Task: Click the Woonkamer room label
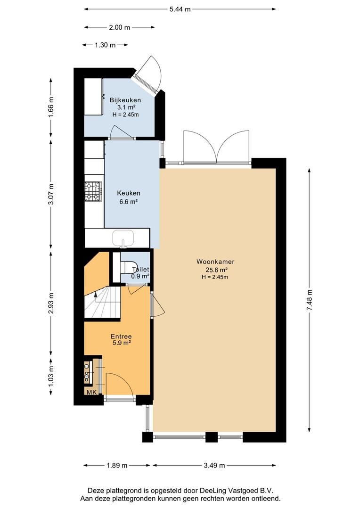tap(215, 262)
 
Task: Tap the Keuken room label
tap(129, 193)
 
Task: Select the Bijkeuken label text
tap(125, 100)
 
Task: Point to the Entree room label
tap(121, 337)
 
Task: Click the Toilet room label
tap(140, 270)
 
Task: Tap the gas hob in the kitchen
tap(94, 191)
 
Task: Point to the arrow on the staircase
tap(96, 295)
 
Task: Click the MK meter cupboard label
tap(91, 392)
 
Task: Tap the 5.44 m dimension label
tap(180, 9)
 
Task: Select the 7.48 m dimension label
tap(309, 300)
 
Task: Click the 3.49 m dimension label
tap(214, 466)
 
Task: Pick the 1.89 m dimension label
tap(117, 466)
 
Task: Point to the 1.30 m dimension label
tap(105, 45)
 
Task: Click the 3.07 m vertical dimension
tap(50, 195)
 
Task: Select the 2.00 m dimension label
tap(120, 27)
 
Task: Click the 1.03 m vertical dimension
tap(50, 376)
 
